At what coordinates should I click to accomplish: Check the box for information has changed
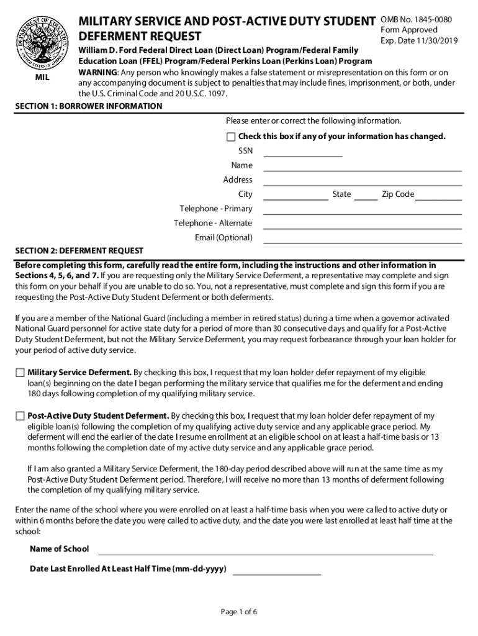click(231, 137)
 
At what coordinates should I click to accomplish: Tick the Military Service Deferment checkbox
click(20, 373)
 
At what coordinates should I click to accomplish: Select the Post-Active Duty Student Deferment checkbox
click(20, 416)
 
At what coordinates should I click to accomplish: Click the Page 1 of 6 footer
click(239, 612)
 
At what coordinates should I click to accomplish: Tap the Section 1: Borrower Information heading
click(89, 106)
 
